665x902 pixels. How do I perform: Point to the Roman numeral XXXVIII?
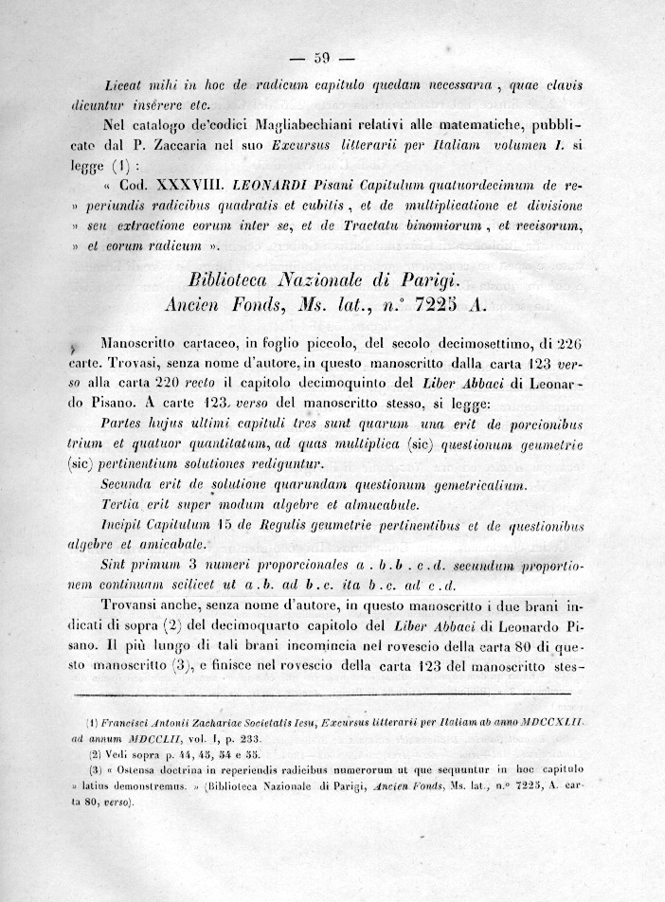point(177,185)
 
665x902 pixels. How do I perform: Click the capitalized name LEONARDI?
point(259,185)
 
